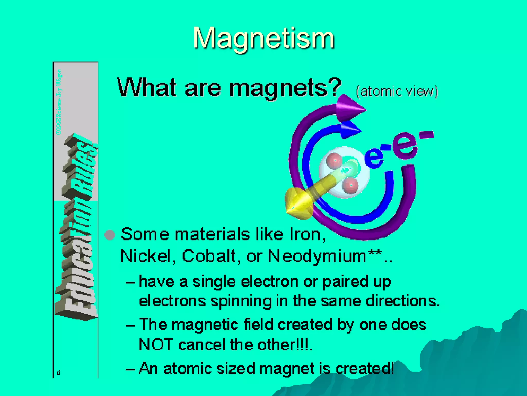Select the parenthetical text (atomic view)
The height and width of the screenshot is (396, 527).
coord(397,91)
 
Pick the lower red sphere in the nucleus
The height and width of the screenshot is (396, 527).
coord(350,185)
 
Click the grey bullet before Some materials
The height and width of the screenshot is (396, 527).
coord(110,235)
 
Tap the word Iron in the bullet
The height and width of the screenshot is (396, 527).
coord(305,235)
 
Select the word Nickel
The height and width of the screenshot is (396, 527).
coord(146,257)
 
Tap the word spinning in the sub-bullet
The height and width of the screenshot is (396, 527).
coord(241,301)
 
